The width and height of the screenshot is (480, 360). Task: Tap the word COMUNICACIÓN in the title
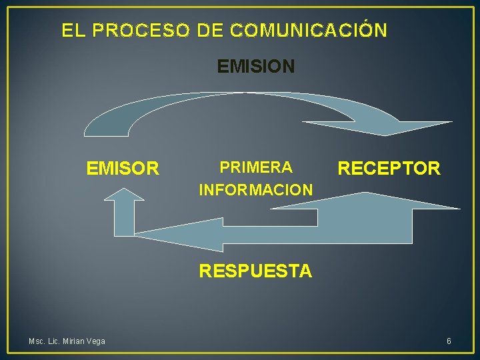pyautogui.click(x=307, y=31)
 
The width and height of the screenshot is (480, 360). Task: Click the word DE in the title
pyautogui.click(x=210, y=31)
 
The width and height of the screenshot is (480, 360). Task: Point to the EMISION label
pyautogui.click(x=255, y=67)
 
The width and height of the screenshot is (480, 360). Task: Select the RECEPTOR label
pyautogui.click(x=389, y=169)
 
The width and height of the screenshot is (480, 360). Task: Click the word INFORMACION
pyautogui.click(x=256, y=190)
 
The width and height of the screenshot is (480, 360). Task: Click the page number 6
pyautogui.click(x=449, y=341)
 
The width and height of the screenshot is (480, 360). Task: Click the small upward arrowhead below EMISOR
pyautogui.click(x=123, y=194)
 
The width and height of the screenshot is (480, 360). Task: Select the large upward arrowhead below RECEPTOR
pyautogui.click(x=365, y=200)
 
